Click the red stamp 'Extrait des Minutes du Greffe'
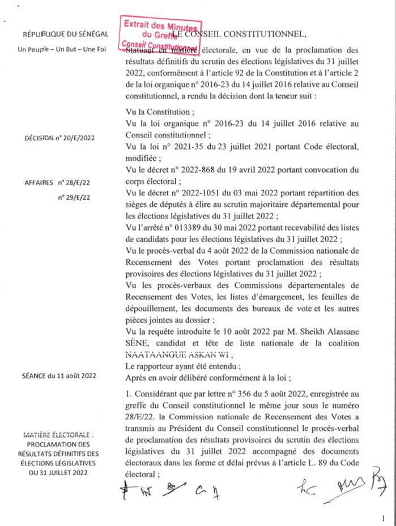click(x=160, y=33)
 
